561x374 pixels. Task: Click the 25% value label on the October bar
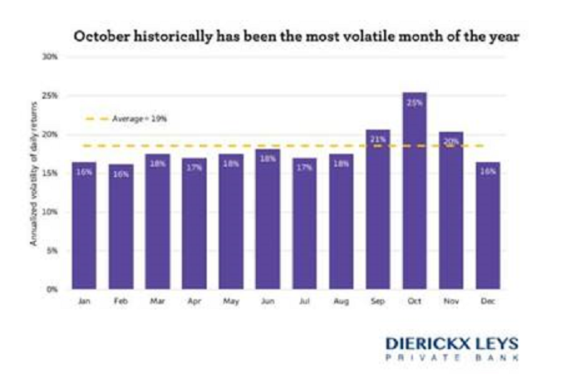click(x=414, y=103)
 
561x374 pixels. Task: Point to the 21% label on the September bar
click(x=377, y=140)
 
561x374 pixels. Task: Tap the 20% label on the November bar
click(x=450, y=142)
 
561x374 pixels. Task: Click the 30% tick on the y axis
click(x=51, y=57)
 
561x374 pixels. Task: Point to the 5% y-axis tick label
click(x=52, y=250)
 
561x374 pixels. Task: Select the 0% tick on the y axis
click(x=52, y=289)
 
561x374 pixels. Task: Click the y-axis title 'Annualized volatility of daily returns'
click(x=35, y=174)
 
